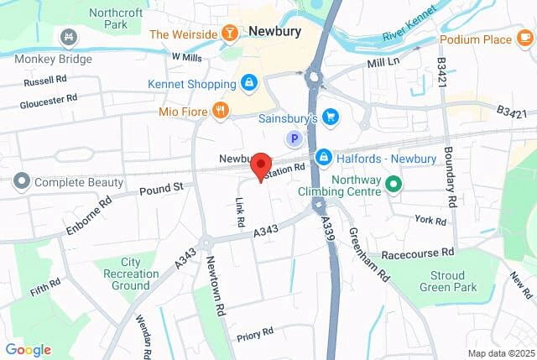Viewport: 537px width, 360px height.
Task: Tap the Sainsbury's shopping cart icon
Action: pyautogui.click(x=331, y=117)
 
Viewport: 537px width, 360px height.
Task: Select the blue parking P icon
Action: pyautogui.click(x=294, y=138)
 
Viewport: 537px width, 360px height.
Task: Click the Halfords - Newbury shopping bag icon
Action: pyautogui.click(x=324, y=158)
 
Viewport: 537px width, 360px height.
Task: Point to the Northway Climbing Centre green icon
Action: pyautogui.click(x=392, y=182)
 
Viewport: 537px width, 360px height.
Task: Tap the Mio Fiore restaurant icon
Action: pyautogui.click(x=220, y=111)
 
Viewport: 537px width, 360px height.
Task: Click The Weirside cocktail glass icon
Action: pyautogui.click(x=229, y=34)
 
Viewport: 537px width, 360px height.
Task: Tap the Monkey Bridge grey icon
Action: pyautogui.click(x=68, y=37)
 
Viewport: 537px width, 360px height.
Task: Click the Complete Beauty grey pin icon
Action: pyautogui.click(x=21, y=181)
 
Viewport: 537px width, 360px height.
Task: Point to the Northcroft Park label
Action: pyautogui.click(x=117, y=19)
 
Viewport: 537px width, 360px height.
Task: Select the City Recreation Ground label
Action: pyautogui.click(x=129, y=274)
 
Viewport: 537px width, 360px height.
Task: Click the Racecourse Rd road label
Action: pyautogui.click(x=416, y=252)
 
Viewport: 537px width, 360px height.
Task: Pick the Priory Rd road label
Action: pyautogui.click(x=255, y=332)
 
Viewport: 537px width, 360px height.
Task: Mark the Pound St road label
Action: pyautogui.click(x=160, y=188)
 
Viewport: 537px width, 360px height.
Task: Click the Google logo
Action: pyautogui.click(x=29, y=350)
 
